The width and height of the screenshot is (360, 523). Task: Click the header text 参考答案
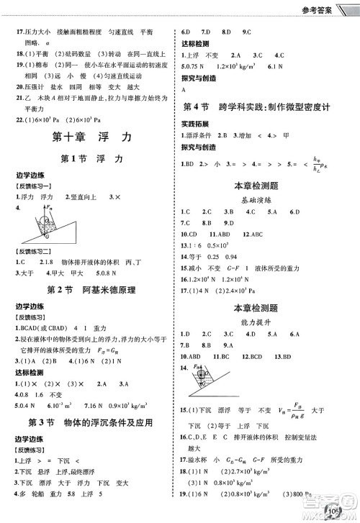[330, 9]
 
